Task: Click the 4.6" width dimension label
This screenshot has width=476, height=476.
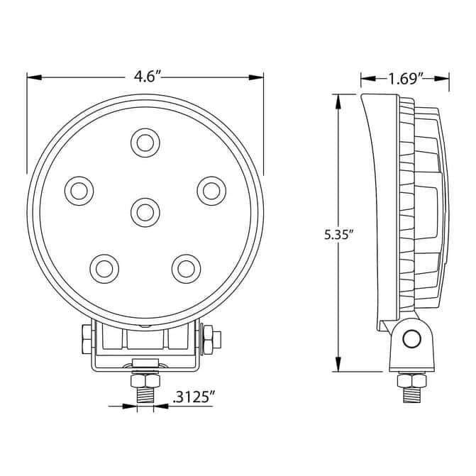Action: (x=147, y=77)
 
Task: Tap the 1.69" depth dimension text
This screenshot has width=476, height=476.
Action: (x=406, y=79)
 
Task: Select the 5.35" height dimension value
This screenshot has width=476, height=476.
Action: (x=338, y=234)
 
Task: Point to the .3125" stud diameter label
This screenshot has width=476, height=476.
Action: (x=194, y=397)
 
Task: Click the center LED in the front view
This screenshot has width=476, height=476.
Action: (x=145, y=213)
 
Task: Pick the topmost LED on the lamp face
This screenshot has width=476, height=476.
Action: (x=145, y=143)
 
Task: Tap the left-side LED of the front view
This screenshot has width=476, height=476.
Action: (x=79, y=191)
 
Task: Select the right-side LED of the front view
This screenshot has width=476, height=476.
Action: (x=211, y=191)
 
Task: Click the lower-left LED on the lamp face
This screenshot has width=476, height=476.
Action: (x=104, y=269)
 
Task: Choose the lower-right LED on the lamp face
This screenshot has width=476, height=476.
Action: (x=187, y=269)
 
